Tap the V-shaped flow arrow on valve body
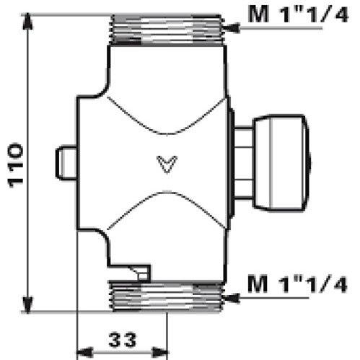tap(167, 162)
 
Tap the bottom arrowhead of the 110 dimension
tap(28, 302)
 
